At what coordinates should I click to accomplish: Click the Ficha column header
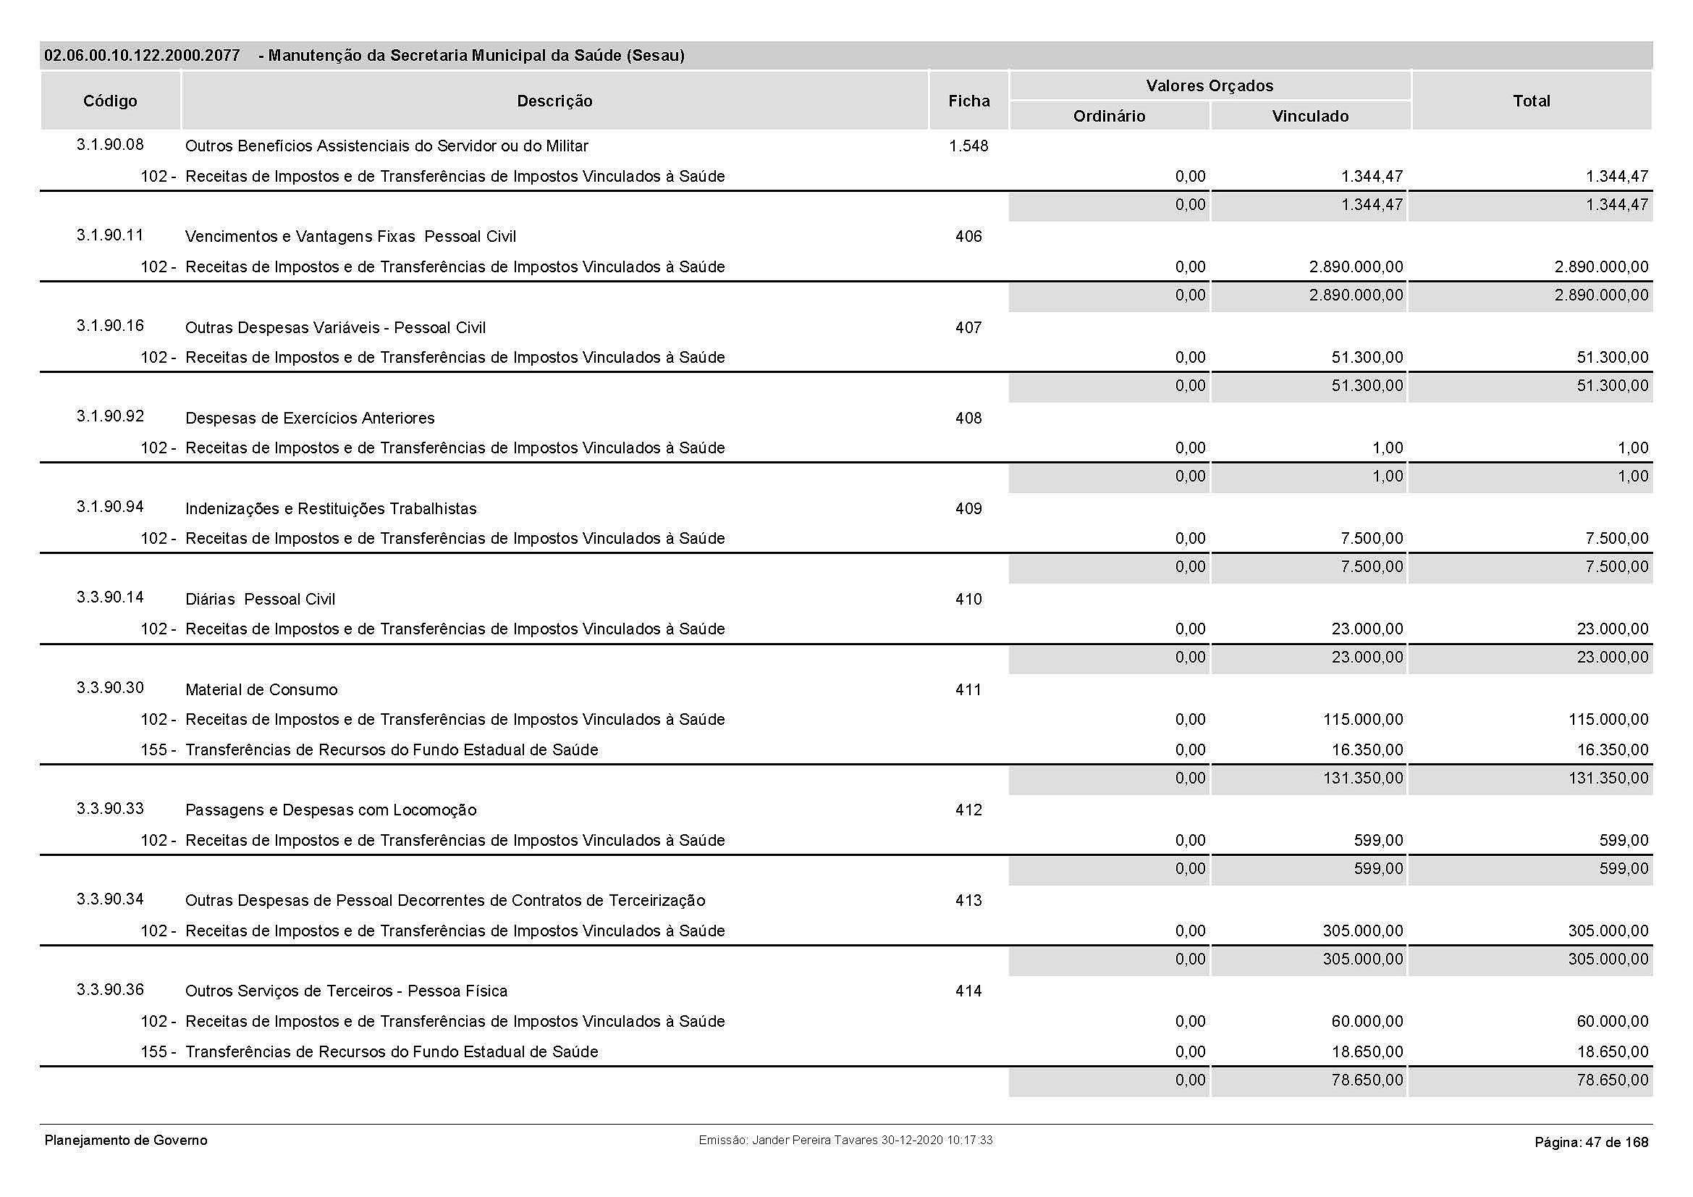968,101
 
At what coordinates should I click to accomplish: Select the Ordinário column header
1109,116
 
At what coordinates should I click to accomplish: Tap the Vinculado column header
1309,116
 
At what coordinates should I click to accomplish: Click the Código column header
110,101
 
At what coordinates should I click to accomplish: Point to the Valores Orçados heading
1209,85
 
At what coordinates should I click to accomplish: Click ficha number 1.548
968,146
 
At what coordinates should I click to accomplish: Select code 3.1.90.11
110,235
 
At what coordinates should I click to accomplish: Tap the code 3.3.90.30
110,688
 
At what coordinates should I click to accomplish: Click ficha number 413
968,901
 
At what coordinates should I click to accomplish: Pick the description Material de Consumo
261,689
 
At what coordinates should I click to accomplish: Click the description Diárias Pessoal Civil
260,599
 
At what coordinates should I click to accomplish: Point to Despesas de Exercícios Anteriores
310,418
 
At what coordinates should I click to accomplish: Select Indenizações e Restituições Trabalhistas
330,508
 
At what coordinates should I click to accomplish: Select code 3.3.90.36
110,990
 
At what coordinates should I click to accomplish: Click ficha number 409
968,508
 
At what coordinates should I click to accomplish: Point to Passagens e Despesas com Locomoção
330,810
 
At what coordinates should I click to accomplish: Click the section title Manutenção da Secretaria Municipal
476,55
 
